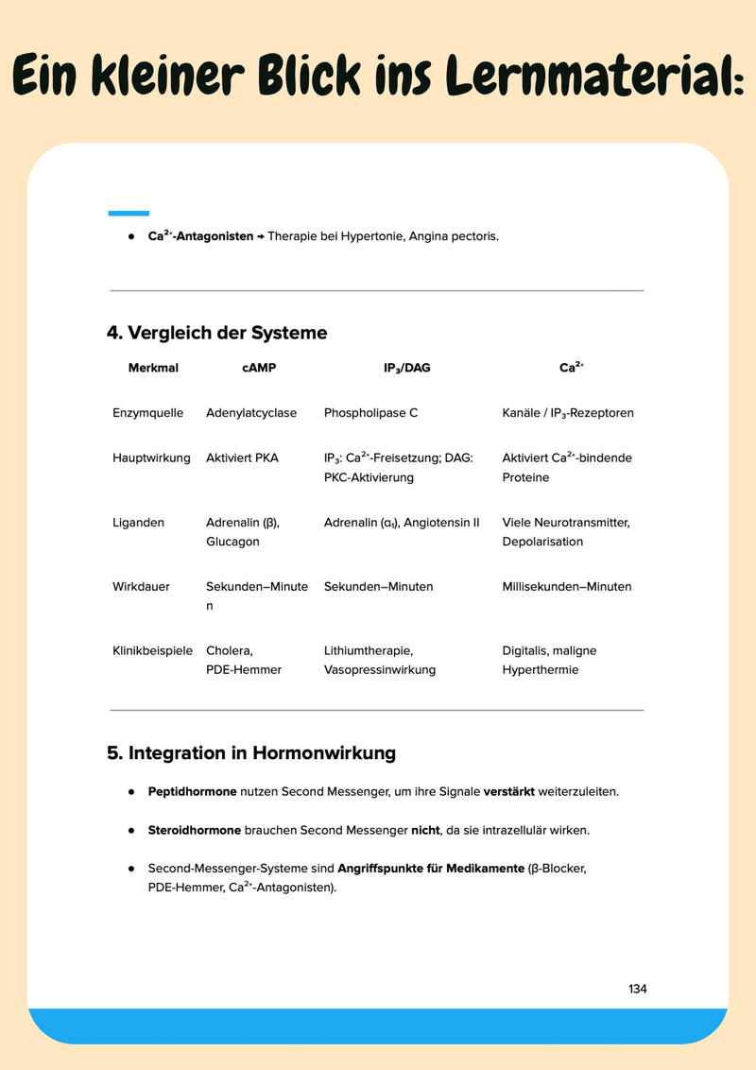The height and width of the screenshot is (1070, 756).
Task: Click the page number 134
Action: click(x=637, y=989)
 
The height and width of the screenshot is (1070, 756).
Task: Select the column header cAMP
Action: click(x=259, y=368)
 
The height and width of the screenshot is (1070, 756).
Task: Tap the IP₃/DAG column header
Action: click(x=406, y=368)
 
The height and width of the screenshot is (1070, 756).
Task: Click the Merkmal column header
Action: click(x=153, y=368)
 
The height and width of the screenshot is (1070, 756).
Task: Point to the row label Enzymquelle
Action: click(x=147, y=413)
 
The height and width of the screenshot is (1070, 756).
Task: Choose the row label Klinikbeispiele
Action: click(x=152, y=650)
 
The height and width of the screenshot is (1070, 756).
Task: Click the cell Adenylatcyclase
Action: click(x=251, y=413)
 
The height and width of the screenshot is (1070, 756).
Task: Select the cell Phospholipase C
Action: click(x=370, y=413)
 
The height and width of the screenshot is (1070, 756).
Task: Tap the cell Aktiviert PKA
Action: click(x=242, y=457)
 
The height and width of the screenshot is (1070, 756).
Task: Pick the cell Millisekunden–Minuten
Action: click(x=566, y=586)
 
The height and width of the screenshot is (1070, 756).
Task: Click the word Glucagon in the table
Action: click(x=232, y=542)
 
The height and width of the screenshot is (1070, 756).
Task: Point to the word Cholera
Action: click(x=229, y=650)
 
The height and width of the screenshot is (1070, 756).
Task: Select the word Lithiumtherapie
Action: click(x=368, y=650)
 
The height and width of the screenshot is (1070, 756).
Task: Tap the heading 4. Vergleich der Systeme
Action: click(x=217, y=333)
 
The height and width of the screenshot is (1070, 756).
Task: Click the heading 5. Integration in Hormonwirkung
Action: click(x=251, y=753)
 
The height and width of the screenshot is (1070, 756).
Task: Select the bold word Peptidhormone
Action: click(x=193, y=791)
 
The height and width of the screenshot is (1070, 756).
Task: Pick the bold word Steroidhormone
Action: click(x=195, y=830)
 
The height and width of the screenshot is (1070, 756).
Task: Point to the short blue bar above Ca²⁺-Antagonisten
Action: click(x=129, y=213)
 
